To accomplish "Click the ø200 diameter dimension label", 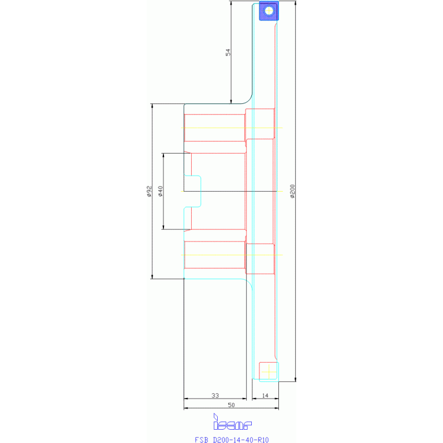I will [293, 191].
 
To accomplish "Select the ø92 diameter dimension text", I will [148, 191].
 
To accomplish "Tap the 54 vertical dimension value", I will [228, 52].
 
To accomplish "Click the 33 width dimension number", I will [215, 396].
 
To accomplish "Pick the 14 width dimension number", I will [265, 396].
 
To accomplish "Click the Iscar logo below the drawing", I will [232, 424].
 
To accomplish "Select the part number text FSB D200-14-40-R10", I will [232, 440].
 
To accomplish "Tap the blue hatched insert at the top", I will [269, 10].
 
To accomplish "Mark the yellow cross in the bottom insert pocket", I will [268, 371].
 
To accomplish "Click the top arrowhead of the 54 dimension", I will [231, 3].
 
